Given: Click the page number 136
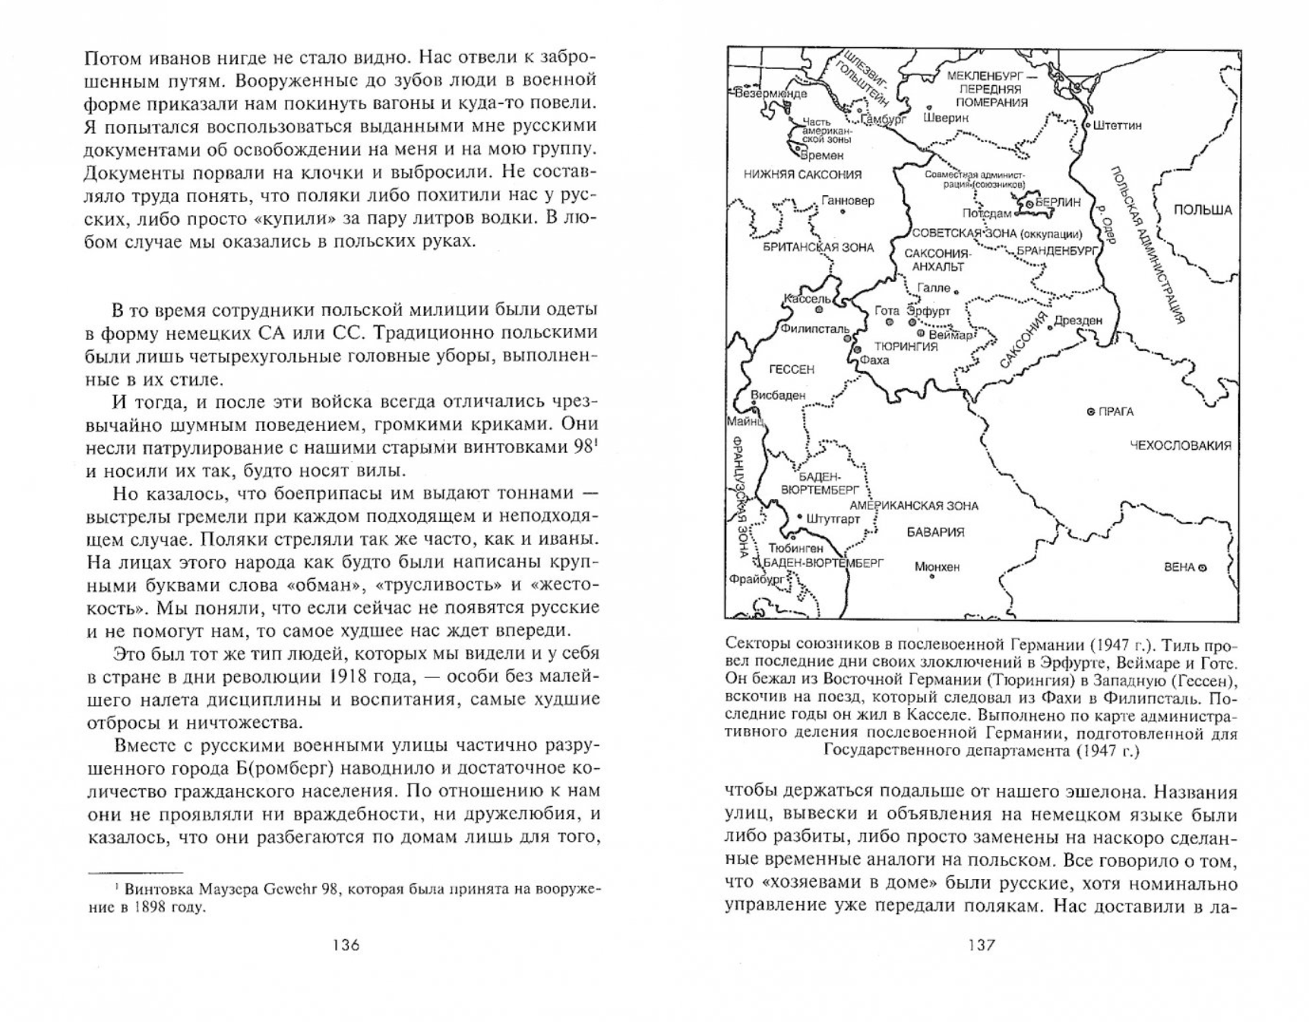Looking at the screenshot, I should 346,945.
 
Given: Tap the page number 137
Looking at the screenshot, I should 981,945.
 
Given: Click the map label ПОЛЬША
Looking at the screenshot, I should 1203,210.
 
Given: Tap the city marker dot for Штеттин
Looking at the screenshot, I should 1088,125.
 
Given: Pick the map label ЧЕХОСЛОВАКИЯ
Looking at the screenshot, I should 1181,445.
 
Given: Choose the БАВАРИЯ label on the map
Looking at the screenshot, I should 935,532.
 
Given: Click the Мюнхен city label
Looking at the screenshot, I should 937,566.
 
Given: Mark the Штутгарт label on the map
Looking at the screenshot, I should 833,519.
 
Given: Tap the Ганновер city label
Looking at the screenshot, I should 848,201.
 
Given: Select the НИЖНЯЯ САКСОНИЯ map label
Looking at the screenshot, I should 802,175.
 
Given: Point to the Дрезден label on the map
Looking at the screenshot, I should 1078,320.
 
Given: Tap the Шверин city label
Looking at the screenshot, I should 946,118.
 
